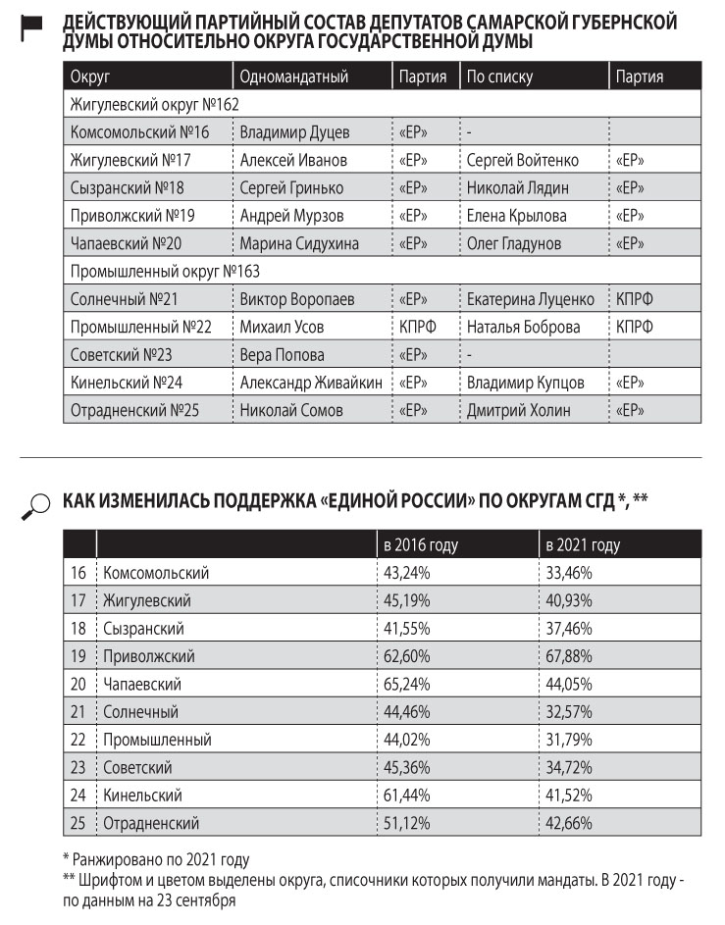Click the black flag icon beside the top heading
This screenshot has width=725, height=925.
point(32,30)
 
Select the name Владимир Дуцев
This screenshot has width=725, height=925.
point(294,131)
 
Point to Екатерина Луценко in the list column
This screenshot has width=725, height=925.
point(530,299)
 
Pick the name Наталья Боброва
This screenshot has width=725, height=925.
point(523,327)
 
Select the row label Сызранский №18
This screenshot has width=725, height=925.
point(128,187)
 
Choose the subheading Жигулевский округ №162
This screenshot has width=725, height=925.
point(155,104)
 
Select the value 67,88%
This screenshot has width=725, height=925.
point(570,655)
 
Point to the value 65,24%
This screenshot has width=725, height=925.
point(407,683)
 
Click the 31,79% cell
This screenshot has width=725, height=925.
point(570,739)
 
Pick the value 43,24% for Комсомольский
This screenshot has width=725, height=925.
point(407,573)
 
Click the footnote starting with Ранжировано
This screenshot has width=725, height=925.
point(156,860)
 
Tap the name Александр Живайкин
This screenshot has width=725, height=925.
point(311,383)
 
